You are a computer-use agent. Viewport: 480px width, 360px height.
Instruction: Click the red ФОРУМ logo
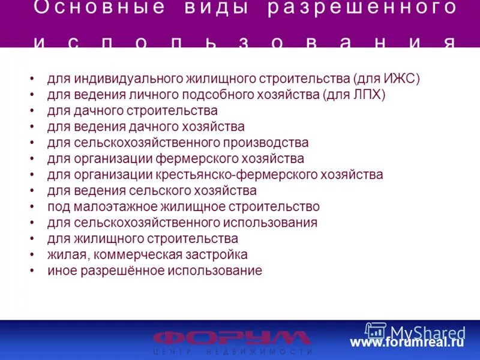232,337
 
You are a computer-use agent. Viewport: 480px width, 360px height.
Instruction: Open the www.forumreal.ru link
407,343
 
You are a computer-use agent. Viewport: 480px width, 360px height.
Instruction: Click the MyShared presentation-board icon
376,332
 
